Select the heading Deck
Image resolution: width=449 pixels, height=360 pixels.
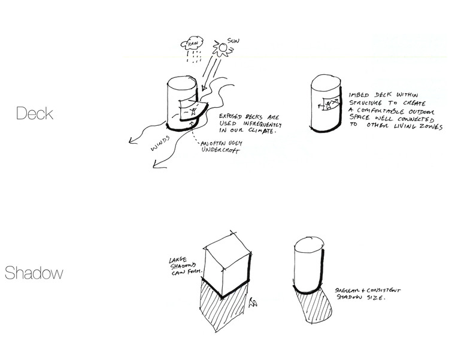coord(35,113)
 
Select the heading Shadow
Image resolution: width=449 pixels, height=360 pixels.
coord(34,273)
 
